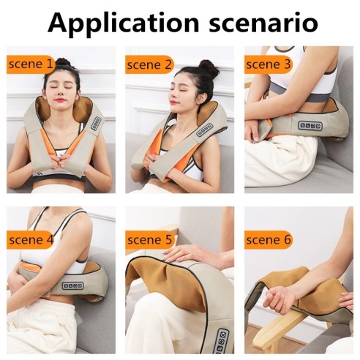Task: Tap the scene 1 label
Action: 31,64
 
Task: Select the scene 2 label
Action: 149,64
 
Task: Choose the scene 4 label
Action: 31,239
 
